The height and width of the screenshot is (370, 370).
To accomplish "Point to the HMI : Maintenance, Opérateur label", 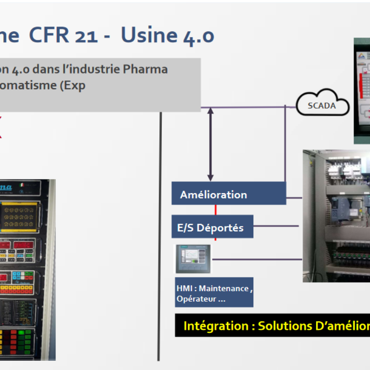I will click(213, 293).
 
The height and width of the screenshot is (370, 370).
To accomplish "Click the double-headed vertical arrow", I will click(210, 144).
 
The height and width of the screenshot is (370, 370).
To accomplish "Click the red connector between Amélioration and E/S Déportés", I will click(215, 210).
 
